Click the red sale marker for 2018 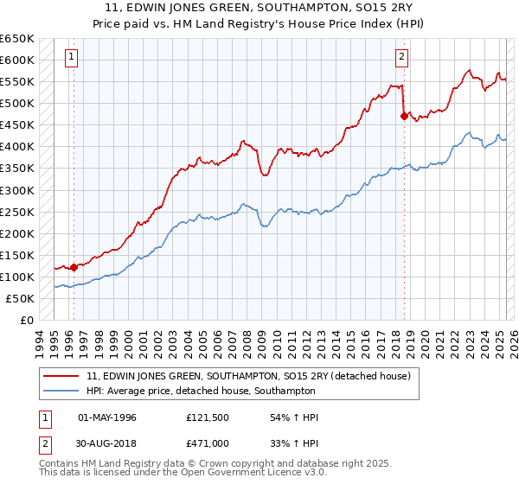[x=404, y=116]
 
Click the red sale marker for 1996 [x=74, y=267]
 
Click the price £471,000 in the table [x=208, y=443]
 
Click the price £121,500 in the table [x=208, y=417]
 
